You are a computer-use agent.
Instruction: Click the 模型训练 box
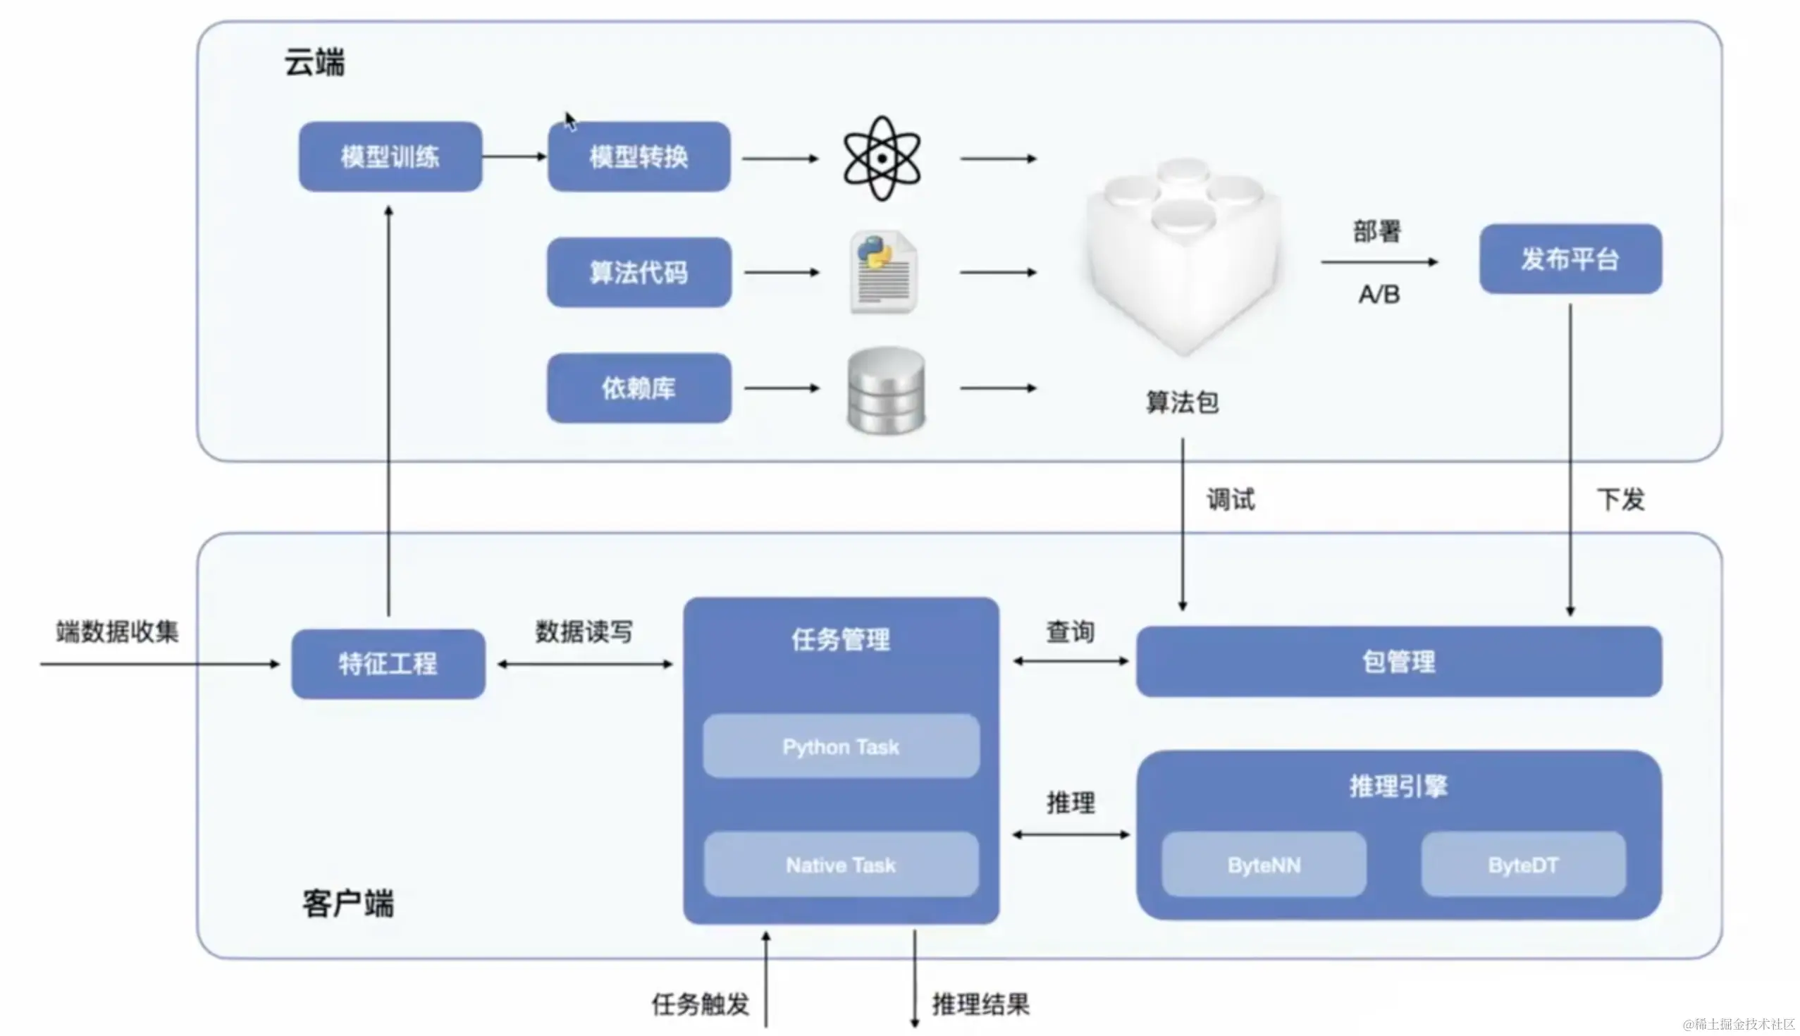click(390, 156)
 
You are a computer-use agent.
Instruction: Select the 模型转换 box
click(639, 156)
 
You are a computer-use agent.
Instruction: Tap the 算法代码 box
click(639, 273)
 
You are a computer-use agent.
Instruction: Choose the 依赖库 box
click(639, 388)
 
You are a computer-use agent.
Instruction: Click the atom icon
click(882, 158)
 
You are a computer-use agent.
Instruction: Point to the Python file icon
click(884, 272)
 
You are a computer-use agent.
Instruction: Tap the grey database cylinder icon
click(886, 390)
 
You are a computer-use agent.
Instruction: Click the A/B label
click(1379, 294)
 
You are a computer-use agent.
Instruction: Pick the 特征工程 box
click(388, 664)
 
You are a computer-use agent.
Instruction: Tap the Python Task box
click(841, 746)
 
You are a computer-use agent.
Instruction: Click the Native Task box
click(841, 865)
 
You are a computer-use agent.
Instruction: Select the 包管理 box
click(1399, 662)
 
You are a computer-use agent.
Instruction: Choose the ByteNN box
click(1264, 865)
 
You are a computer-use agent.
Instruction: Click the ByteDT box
click(1523, 865)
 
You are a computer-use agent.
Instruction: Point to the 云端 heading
click(314, 63)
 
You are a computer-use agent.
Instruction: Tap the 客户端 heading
click(348, 904)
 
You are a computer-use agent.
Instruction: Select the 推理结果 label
click(981, 1004)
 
